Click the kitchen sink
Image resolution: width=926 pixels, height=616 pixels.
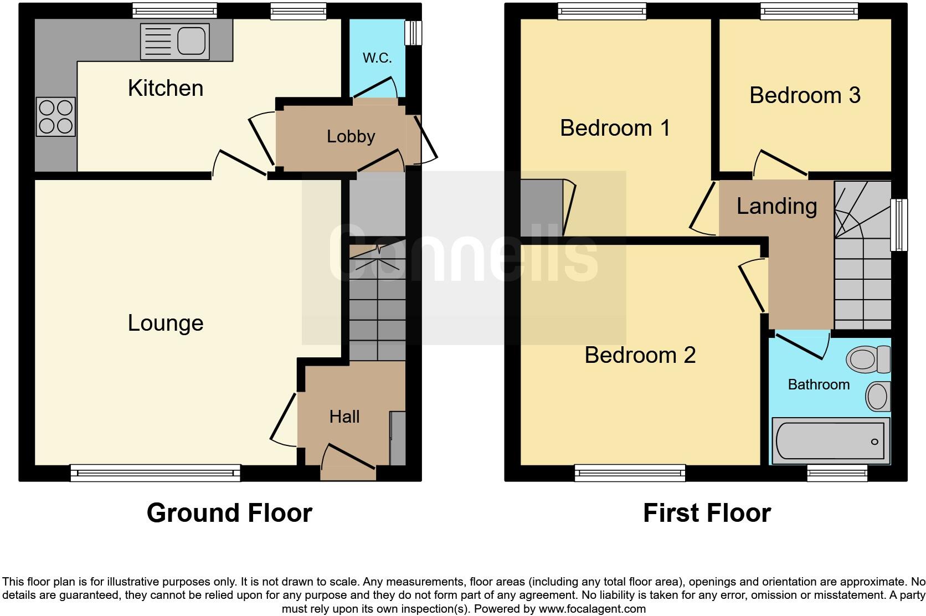point(175,41)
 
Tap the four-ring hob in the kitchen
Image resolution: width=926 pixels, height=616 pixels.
point(55,116)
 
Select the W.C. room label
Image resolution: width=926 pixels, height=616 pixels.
point(377,58)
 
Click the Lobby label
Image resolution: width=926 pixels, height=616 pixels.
point(351,136)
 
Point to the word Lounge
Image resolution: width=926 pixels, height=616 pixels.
point(166,323)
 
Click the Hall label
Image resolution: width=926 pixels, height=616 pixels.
point(344,417)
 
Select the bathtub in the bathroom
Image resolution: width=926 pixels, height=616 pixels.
point(830,441)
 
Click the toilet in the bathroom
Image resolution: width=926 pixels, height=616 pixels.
point(868,360)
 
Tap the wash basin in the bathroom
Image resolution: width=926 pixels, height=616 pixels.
point(878,396)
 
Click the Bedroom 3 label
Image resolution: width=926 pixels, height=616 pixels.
point(805,95)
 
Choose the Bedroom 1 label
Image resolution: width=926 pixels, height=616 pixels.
point(615,128)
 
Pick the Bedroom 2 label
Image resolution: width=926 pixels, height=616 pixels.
point(640,355)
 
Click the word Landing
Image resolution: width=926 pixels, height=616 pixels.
point(776,206)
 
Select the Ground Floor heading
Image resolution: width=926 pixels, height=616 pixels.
point(229,513)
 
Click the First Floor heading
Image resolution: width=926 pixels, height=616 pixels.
point(707,513)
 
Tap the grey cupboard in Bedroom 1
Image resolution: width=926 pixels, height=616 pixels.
point(542,208)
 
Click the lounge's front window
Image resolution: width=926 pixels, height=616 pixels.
point(155,473)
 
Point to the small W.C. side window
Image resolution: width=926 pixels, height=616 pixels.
point(413,33)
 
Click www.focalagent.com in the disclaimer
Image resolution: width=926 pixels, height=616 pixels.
point(591,609)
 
